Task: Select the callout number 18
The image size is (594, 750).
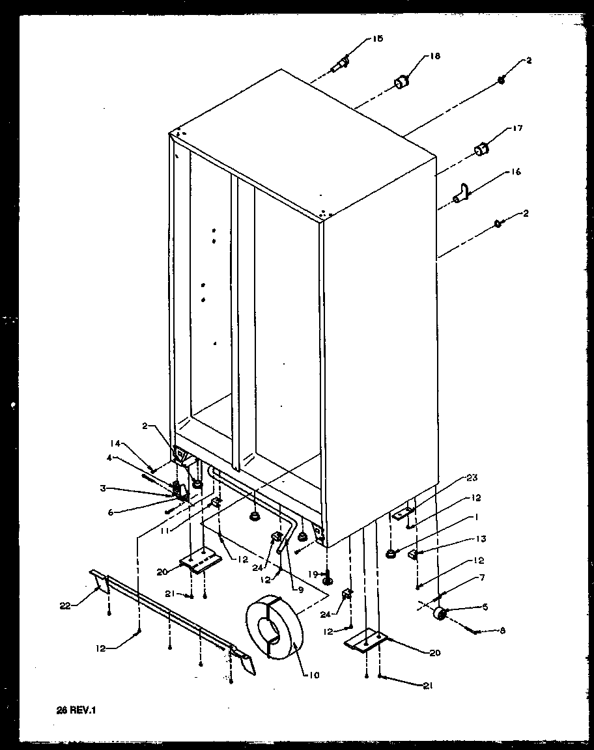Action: point(435,57)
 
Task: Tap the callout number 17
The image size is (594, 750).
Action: point(518,129)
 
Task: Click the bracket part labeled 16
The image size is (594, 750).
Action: point(462,193)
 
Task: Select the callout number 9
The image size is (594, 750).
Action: point(301,590)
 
